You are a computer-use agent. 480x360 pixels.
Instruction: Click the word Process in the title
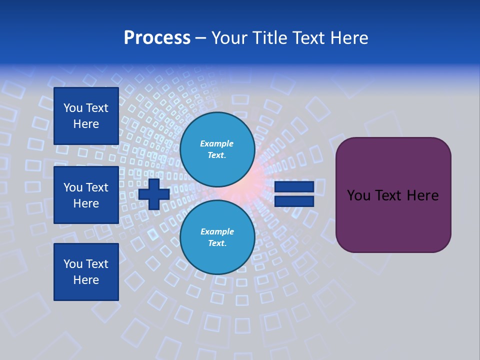[157, 38]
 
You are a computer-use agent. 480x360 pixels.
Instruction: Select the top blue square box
[86, 116]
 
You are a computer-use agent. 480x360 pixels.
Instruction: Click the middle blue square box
[86, 195]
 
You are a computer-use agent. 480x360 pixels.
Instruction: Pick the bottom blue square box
[86, 272]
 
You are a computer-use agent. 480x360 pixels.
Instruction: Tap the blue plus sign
[154, 194]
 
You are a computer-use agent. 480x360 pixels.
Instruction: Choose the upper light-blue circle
[217, 149]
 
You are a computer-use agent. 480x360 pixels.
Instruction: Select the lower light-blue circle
[217, 237]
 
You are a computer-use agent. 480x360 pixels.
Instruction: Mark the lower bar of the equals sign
[294, 201]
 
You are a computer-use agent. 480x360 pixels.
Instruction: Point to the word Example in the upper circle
[217, 143]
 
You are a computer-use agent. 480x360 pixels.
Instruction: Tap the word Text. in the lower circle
[217, 243]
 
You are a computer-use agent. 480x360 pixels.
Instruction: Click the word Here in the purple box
[422, 195]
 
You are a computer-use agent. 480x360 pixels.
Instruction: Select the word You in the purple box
[358, 195]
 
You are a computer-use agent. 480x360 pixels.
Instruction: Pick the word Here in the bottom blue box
[86, 280]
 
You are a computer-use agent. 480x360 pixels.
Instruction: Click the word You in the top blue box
[73, 108]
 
